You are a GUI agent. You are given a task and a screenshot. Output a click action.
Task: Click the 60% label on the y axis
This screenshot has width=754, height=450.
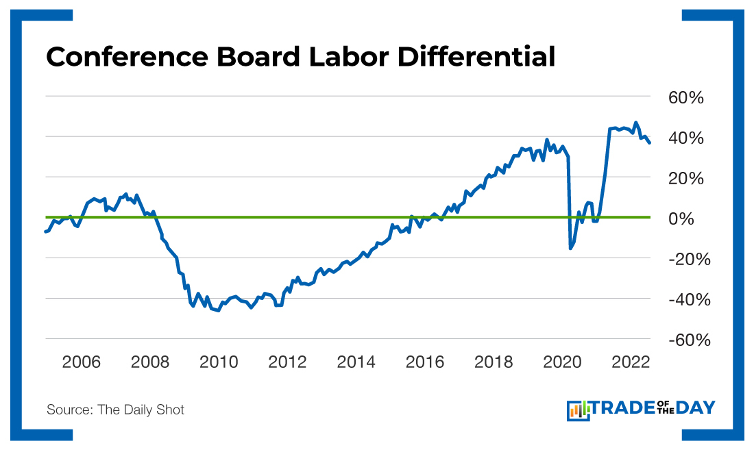click(686, 98)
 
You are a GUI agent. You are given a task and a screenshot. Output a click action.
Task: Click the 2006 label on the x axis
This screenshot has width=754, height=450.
click(81, 362)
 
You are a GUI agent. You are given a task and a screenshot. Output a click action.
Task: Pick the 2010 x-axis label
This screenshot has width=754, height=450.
click(219, 362)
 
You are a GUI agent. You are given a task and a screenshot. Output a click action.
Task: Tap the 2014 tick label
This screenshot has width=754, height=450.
click(356, 362)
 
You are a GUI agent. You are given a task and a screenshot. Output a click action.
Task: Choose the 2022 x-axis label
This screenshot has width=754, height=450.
click(631, 362)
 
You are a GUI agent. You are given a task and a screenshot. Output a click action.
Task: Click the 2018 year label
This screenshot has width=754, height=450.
click(494, 362)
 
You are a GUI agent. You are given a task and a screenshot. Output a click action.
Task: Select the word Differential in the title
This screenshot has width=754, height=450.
click(476, 57)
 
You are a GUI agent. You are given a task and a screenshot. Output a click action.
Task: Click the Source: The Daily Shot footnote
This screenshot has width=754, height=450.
click(115, 410)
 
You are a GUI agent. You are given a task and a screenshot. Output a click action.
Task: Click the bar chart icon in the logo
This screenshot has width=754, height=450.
click(578, 410)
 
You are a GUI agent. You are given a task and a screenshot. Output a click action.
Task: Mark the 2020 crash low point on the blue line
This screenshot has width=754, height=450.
click(570, 248)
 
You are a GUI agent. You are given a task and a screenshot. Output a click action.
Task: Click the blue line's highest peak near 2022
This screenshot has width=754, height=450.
click(635, 123)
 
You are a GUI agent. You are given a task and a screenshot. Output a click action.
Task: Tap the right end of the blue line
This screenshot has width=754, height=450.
click(649, 142)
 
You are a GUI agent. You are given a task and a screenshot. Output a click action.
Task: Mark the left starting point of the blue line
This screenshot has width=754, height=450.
click(45, 232)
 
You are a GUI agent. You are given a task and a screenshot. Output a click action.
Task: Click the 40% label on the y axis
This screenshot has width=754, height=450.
click(686, 138)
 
